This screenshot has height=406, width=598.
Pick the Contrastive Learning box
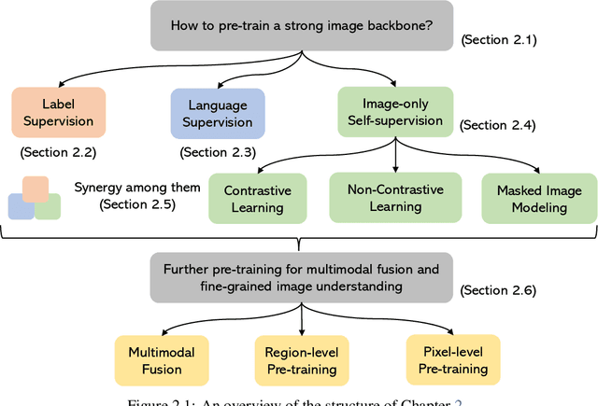(x=257, y=199)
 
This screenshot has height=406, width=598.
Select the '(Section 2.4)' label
(x=497, y=124)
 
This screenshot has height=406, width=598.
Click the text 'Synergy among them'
(x=137, y=187)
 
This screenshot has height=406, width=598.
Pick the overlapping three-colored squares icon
(x=34, y=198)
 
